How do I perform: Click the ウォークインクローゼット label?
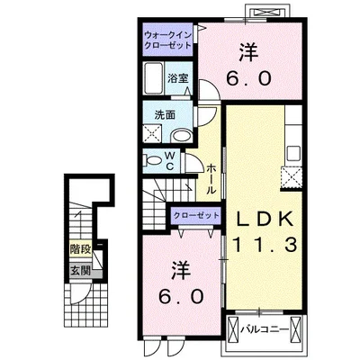coord(166,40)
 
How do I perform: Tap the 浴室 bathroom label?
coord(177,77)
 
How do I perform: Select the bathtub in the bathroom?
coord(153,78)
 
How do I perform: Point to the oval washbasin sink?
coord(181,134)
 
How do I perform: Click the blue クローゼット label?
coord(194,215)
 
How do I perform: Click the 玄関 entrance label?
coord(80,270)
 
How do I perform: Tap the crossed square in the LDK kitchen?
coord(293,176)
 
